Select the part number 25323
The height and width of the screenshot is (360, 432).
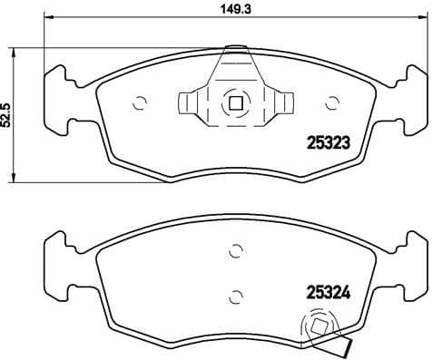pos(326,141)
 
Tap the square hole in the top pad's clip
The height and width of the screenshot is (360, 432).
pos(234,102)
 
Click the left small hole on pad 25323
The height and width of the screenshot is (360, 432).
pos(139,102)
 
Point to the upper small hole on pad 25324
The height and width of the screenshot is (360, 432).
pos(234,252)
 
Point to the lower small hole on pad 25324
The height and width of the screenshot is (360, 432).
pos(234,293)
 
